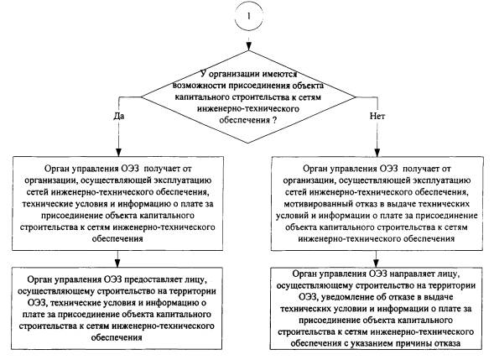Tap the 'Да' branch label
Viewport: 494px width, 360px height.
coord(119,116)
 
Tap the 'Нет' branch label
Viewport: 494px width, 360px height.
coord(377,116)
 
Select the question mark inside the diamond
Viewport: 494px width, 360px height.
coord(275,120)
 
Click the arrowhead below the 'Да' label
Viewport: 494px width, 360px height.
coord(118,151)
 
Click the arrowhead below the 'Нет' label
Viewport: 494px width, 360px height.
coord(377,151)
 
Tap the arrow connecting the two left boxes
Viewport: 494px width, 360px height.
coord(117,258)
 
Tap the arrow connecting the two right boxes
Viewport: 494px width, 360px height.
coord(376,258)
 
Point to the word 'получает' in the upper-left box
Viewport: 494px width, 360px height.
coord(162,169)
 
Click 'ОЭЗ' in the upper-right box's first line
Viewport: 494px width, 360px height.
coord(389,169)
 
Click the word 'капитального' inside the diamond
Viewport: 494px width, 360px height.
coord(203,97)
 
